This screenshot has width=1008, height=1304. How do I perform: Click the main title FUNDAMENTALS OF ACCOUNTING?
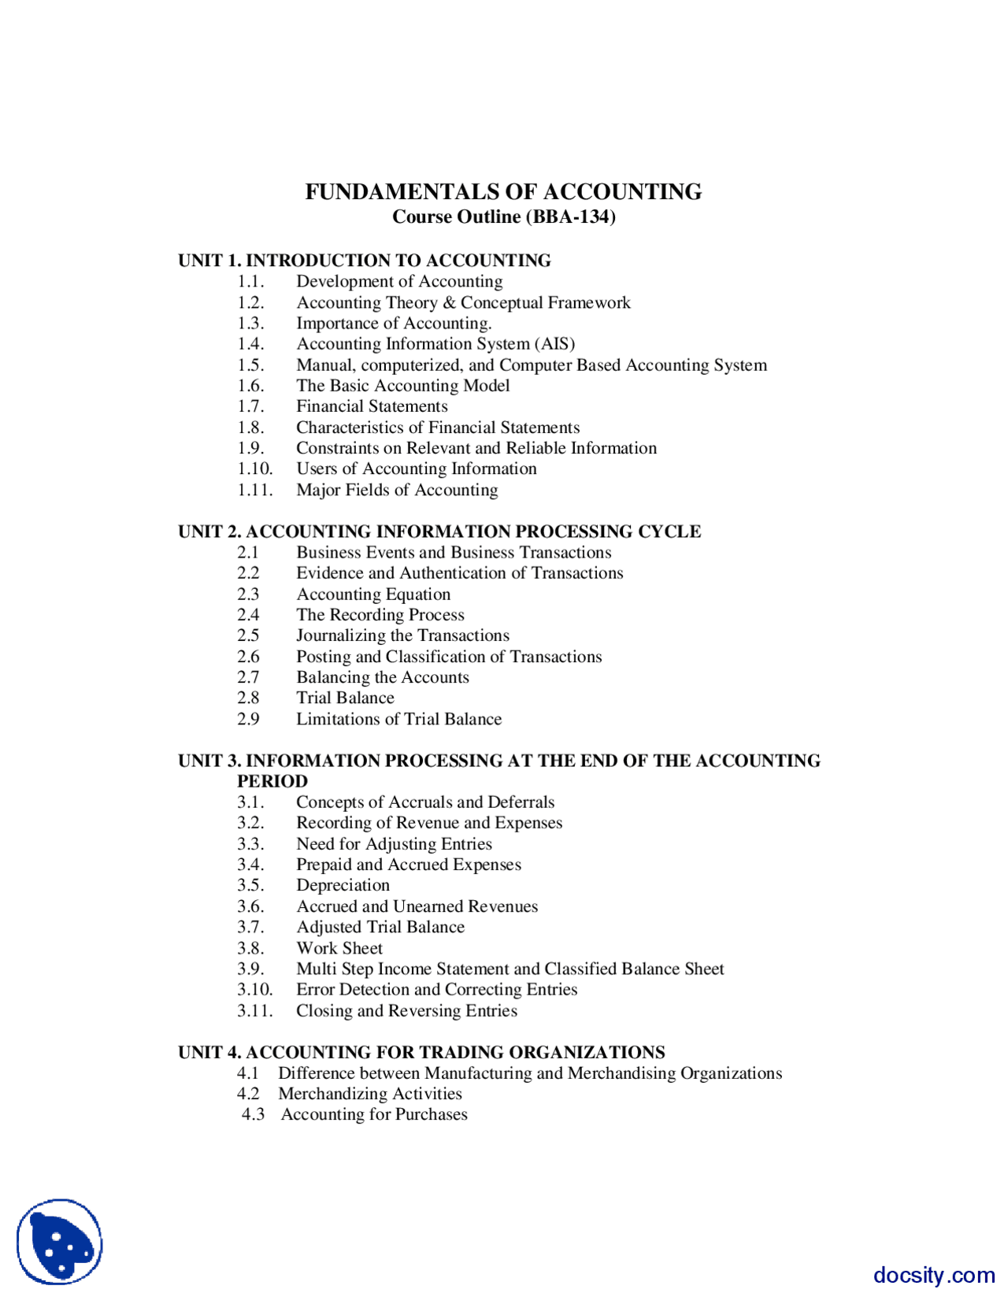coord(503,191)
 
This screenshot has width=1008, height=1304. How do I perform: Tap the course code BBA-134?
coord(573,217)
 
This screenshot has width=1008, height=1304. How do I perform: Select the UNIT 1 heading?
coord(364,261)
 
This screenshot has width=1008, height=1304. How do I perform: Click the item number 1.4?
coord(250,344)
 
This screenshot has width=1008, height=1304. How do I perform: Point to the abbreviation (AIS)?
coord(555,344)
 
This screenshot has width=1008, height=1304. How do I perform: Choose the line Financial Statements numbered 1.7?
coord(372,406)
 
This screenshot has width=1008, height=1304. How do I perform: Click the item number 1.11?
coord(254,490)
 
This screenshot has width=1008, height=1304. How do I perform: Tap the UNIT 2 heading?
coord(439,532)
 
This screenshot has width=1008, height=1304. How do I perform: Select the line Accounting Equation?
coord(373,595)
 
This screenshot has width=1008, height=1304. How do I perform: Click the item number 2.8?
coord(248,698)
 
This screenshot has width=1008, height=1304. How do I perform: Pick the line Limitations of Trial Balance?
coord(398,719)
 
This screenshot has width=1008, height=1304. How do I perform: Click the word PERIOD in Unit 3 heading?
coord(272,781)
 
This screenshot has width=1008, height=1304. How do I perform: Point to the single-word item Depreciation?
coord(343,885)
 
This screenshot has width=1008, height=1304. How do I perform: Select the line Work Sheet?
coord(339,948)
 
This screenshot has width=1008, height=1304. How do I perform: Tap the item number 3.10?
coord(254,990)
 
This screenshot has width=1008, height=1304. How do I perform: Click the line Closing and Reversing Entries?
coord(406,1010)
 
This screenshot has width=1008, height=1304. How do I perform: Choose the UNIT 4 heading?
coord(421,1052)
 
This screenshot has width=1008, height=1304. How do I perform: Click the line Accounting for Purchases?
coord(374,1114)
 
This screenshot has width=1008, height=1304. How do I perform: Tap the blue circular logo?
coord(60,1242)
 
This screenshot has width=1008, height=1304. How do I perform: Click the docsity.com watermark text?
coord(933,1275)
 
